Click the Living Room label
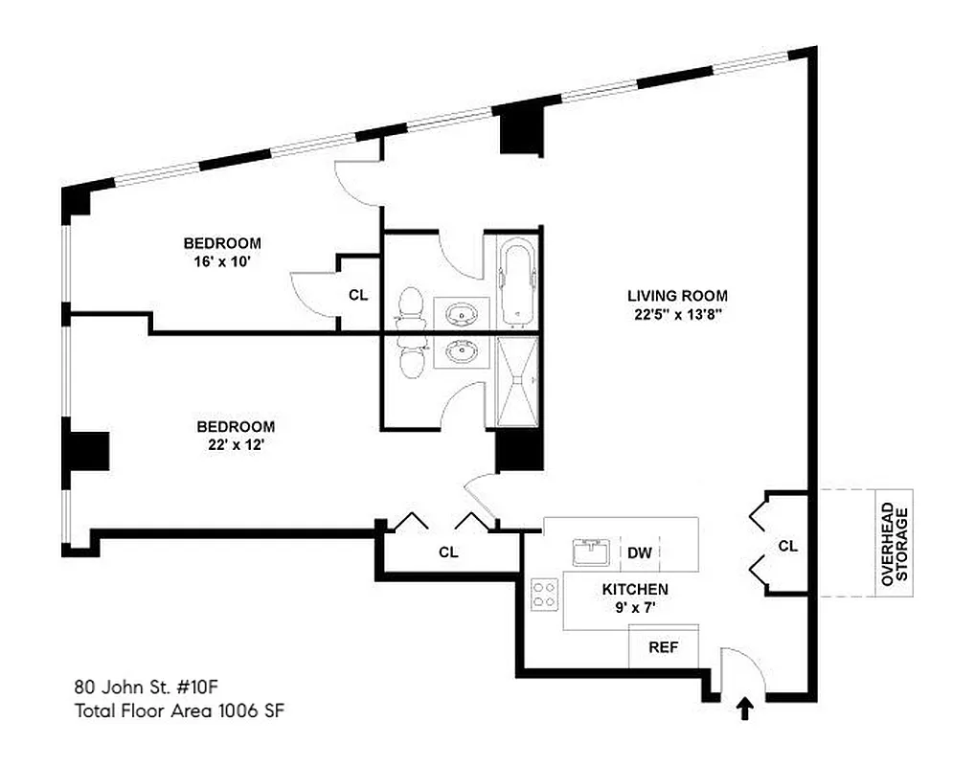coord(677,296)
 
